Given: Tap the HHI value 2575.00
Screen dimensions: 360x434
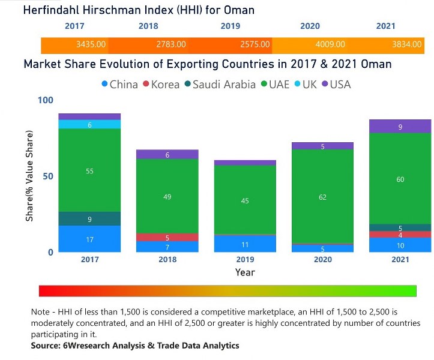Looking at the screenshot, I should pos(252,44).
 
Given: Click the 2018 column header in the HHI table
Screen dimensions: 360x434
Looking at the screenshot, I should pos(148,26).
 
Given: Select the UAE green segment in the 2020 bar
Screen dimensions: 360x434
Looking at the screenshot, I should pos(323,196).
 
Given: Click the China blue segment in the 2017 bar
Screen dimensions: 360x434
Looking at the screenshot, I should pos(89,239).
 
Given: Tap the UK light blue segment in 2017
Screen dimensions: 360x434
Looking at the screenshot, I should pos(89,124).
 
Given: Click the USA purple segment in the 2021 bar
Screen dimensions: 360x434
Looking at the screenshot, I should pos(400,127).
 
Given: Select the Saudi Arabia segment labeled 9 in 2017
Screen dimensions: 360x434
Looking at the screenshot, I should pos(89,219).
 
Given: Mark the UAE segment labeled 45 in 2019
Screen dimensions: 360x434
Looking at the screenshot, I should pos(245,200).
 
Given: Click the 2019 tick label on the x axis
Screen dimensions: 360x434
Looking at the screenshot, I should pos(245,260).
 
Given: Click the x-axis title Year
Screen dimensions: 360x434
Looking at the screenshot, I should pos(245,272).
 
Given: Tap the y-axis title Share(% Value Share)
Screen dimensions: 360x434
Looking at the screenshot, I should pos(29,175).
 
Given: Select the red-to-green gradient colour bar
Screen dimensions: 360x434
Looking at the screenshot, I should pos(228,291).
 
